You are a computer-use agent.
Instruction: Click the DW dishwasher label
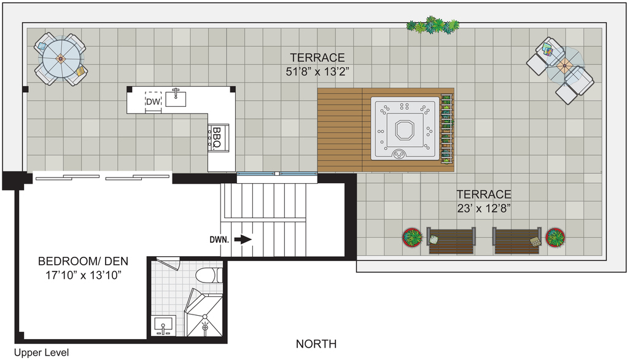pos(153,101)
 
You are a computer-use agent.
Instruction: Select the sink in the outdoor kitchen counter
pos(176,98)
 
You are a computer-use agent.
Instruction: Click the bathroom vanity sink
pos(163,325)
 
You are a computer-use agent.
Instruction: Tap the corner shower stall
pos(203,312)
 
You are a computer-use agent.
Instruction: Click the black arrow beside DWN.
pos(243,240)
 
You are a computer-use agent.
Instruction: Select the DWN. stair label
pos(219,240)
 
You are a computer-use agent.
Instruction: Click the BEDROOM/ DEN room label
pos(83,262)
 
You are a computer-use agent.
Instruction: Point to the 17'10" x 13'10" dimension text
pos(83,276)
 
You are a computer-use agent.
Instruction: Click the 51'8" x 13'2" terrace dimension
pos(317,71)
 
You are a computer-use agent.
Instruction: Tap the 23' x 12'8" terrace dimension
pos(484,208)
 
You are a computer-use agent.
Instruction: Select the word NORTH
pos(316,344)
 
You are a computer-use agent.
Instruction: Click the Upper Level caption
pos(41,353)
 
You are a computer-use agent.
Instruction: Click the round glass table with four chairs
pos(60,59)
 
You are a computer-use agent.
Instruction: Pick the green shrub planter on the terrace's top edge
pos(432,25)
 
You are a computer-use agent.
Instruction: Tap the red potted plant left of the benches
pos(413,238)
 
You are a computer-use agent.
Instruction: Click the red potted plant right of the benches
pos(555,238)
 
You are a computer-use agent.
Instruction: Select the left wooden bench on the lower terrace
pos(451,241)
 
